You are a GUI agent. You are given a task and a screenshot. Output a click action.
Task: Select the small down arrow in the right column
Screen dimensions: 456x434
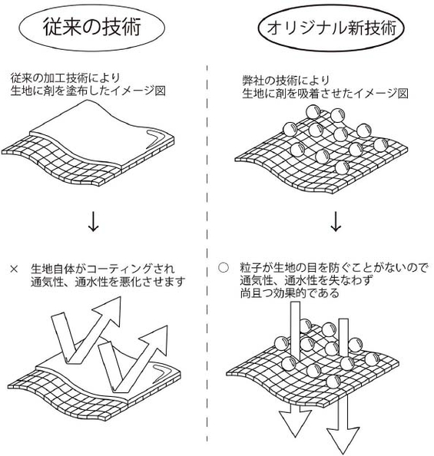point(336,221)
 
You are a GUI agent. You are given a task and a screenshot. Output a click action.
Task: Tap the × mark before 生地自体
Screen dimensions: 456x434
point(13,269)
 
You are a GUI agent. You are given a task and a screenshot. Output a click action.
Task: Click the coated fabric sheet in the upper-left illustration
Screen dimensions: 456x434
point(92,131)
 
